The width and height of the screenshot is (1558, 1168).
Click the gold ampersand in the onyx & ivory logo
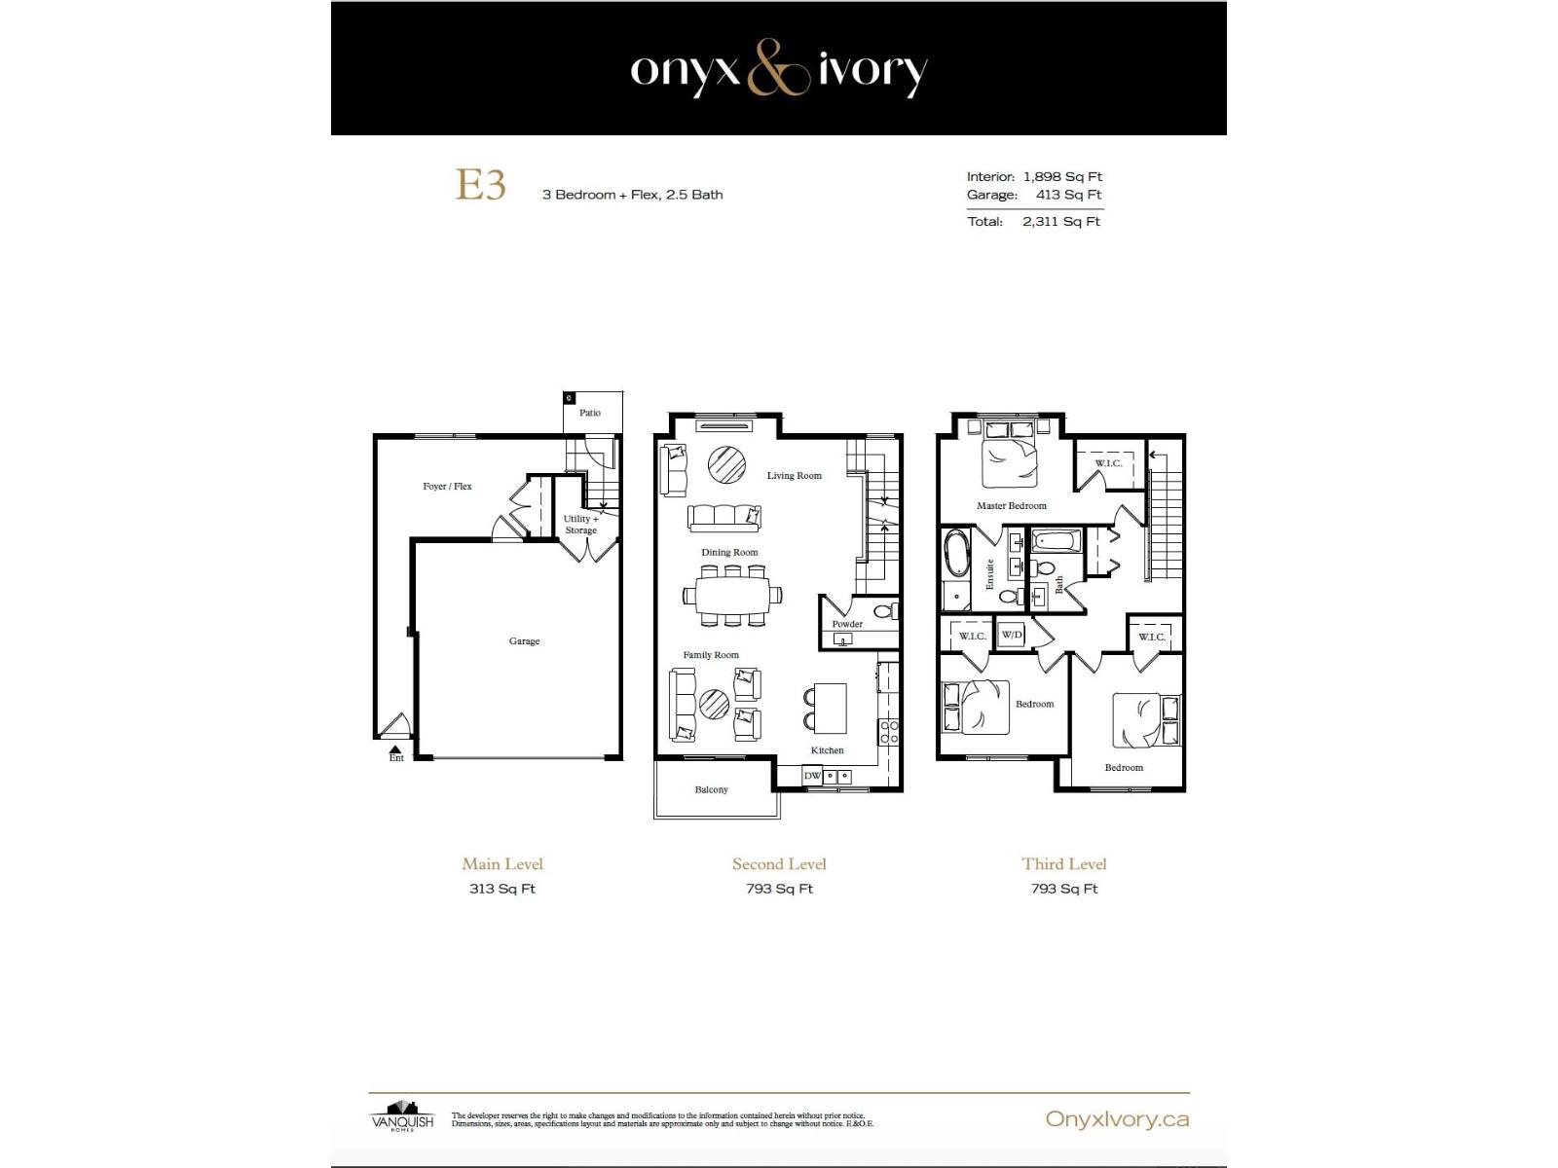(x=778, y=69)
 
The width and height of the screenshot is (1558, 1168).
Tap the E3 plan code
(x=481, y=185)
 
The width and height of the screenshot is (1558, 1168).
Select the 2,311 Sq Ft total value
(x=1060, y=222)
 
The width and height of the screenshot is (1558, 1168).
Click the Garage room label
(x=524, y=641)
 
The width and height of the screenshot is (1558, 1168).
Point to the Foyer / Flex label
(x=447, y=486)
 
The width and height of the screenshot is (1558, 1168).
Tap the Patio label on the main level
(x=590, y=413)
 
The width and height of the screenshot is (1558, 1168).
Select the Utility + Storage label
(x=581, y=525)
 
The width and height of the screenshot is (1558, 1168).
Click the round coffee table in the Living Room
(x=726, y=463)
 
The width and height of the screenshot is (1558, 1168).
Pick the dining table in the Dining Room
(x=731, y=593)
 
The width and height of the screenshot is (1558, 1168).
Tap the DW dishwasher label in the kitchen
(x=812, y=776)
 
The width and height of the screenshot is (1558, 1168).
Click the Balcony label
(x=711, y=789)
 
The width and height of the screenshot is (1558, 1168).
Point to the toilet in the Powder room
(x=883, y=612)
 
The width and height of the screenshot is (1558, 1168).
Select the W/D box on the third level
(x=1012, y=635)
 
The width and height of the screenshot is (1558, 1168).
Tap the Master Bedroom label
(x=1012, y=506)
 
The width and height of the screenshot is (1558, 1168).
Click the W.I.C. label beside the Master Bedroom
(x=1108, y=463)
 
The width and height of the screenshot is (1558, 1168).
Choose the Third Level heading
(x=1063, y=864)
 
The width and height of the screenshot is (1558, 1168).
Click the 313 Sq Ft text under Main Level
(x=502, y=889)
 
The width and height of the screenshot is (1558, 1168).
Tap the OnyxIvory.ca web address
(x=1117, y=1119)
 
